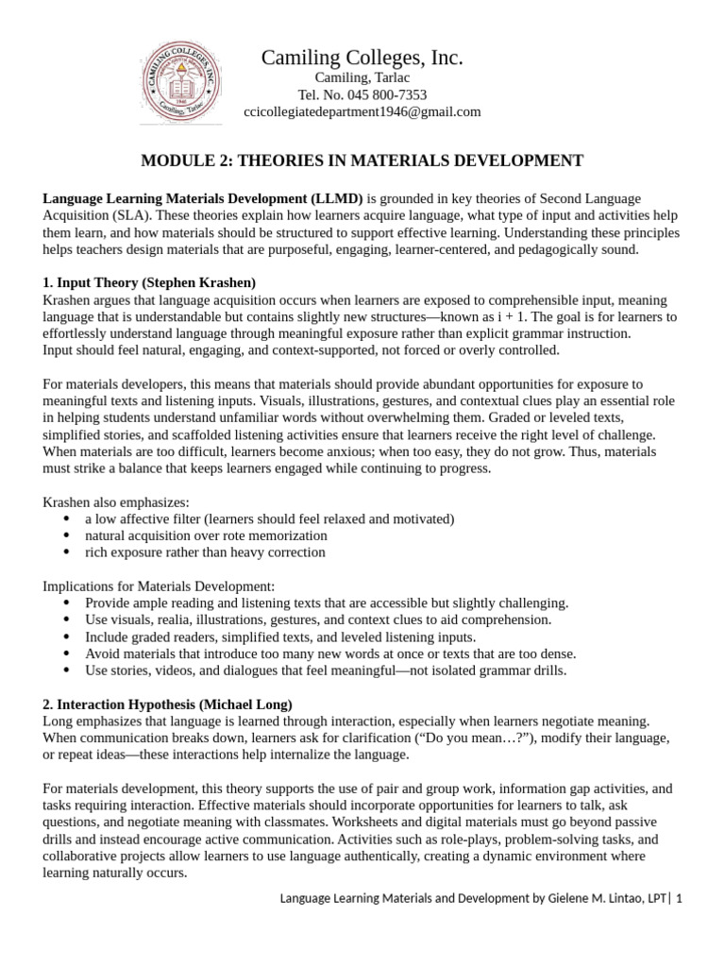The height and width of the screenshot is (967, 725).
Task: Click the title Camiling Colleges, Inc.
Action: click(x=362, y=59)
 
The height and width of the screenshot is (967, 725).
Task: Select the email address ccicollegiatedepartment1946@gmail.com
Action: click(x=362, y=111)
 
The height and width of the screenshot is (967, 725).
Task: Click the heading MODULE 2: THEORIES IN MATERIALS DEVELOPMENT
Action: click(x=362, y=161)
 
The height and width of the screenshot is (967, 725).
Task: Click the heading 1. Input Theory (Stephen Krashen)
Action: click(x=150, y=282)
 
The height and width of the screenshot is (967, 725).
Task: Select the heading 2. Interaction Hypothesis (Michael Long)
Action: click(x=168, y=704)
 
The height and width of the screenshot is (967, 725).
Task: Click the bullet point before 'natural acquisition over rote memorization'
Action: click(x=65, y=535)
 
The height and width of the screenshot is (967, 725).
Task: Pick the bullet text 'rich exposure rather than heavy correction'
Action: click(x=206, y=552)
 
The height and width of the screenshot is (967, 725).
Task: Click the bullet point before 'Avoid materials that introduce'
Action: click(x=65, y=653)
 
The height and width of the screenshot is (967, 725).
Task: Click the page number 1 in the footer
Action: click(x=678, y=899)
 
